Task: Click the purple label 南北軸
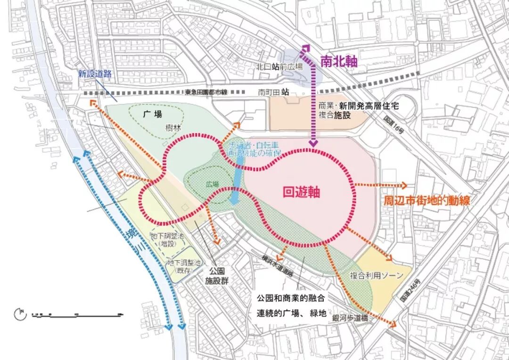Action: click(338, 61)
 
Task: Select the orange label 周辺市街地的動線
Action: click(427, 200)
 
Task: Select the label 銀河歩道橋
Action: click(350, 319)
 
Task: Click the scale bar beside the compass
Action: click(75, 314)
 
